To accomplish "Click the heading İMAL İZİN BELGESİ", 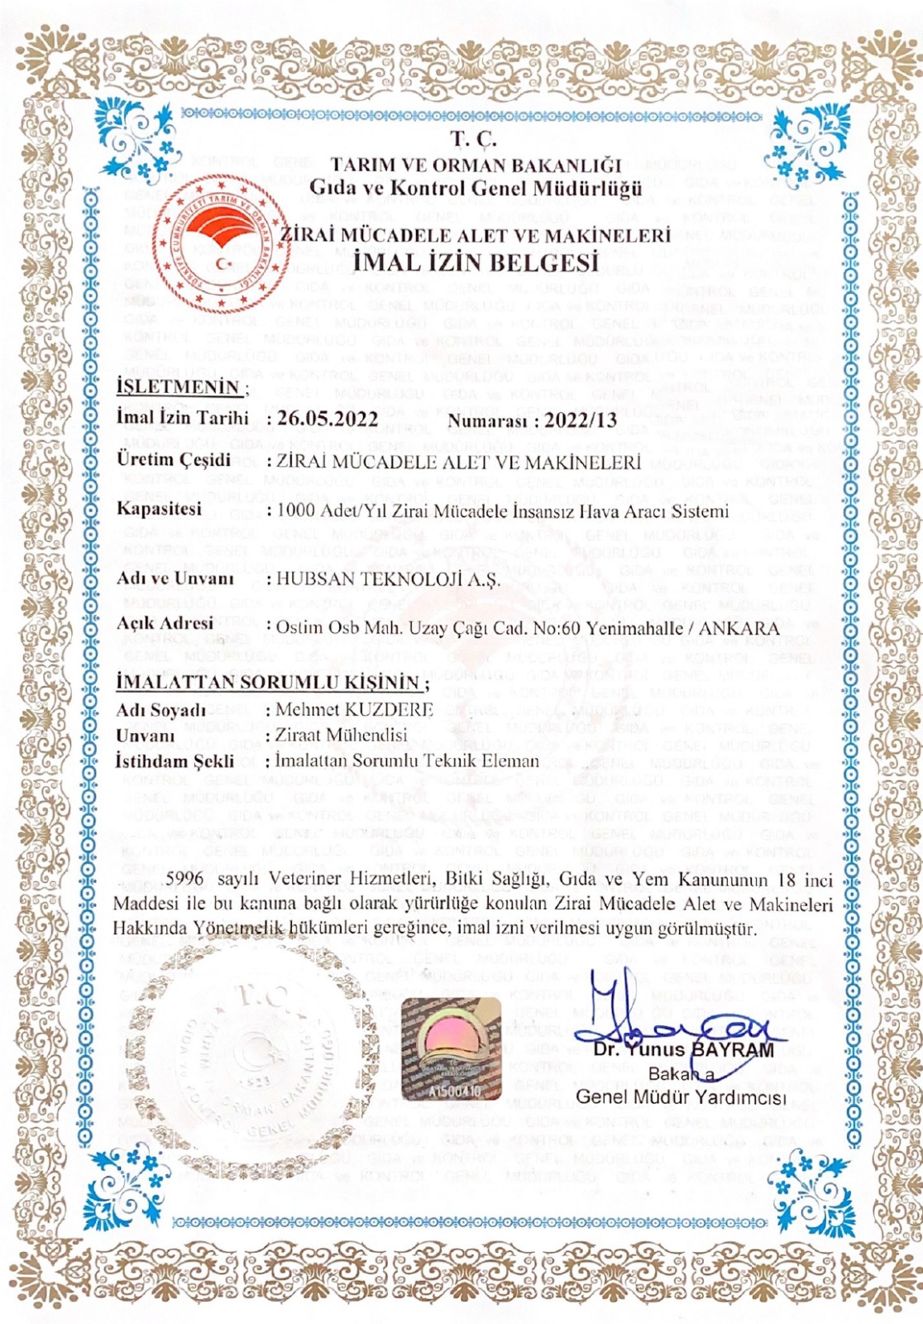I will pyautogui.click(x=475, y=262).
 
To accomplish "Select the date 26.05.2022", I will pyautogui.click(x=328, y=418).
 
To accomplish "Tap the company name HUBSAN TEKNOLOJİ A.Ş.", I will pyautogui.click(x=388, y=579).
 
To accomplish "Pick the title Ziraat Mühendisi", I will pyautogui.click(x=342, y=735).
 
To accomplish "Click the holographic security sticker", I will pyautogui.click(x=451, y=1049).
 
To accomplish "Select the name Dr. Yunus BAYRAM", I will pyautogui.click(x=684, y=1050).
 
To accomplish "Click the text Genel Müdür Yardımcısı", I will pyautogui.click(x=680, y=1097).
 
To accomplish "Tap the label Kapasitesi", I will pyautogui.click(x=159, y=508).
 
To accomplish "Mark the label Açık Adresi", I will pyautogui.click(x=165, y=623).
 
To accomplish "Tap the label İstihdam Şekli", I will pyautogui.click(x=175, y=760).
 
